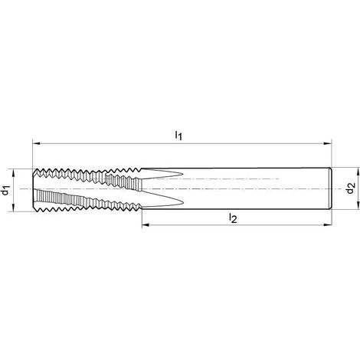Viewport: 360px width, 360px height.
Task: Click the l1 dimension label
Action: pos(178,136)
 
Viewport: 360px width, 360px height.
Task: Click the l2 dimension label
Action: pos(233,218)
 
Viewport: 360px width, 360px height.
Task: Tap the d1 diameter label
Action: pos(5,191)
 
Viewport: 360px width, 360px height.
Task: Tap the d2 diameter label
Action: pos(351,188)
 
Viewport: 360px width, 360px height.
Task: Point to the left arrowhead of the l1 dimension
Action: pos(36,143)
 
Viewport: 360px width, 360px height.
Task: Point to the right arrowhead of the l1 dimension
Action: pos(328,143)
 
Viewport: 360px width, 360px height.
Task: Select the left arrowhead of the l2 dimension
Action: pos(146,225)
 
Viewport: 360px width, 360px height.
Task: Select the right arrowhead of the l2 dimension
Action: pos(328,225)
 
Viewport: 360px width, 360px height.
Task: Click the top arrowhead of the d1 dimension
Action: pos(13,173)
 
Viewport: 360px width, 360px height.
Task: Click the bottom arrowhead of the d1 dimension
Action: pos(13,208)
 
